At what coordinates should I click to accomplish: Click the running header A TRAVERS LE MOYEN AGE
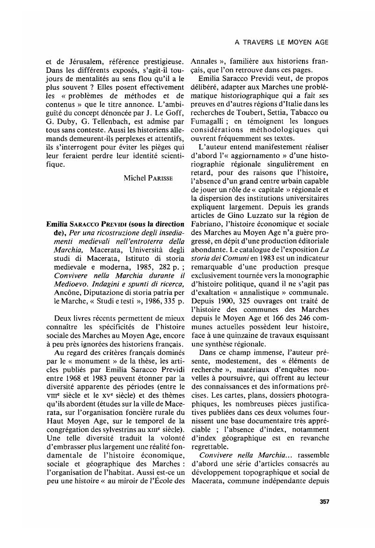point(281,42)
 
